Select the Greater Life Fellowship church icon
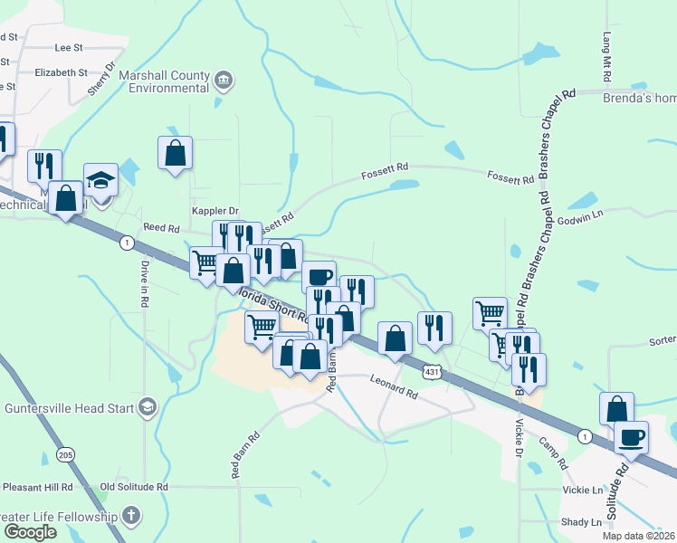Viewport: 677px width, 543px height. [132, 517]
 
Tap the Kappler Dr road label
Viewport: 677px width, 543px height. [214, 210]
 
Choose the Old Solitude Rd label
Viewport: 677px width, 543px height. [135, 487]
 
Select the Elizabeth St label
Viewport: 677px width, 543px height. [62, 72]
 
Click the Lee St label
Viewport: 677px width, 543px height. [69, 46]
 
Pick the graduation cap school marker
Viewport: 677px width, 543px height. [101, 180]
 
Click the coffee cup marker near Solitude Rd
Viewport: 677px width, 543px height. [631, 438]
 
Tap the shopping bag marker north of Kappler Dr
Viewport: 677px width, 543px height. [175, 153]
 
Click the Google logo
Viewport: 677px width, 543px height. [30, 532]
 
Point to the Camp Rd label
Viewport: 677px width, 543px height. [552, 452]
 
